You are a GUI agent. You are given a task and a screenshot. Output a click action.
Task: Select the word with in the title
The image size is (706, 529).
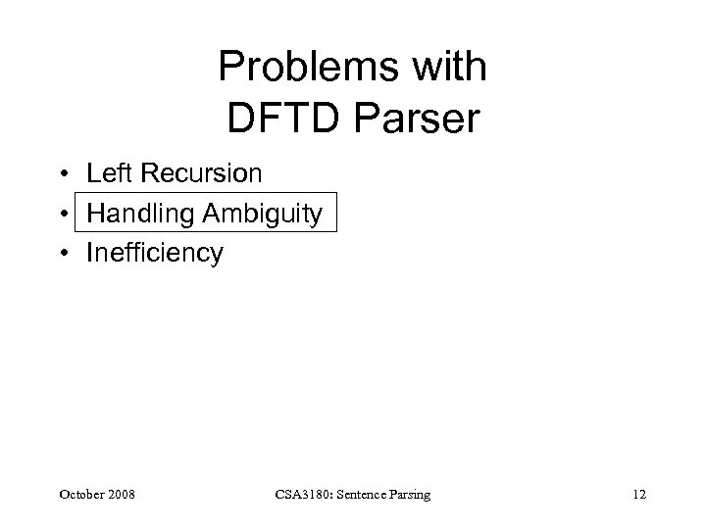447,69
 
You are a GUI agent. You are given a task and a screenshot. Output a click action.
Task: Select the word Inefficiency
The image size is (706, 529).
155,253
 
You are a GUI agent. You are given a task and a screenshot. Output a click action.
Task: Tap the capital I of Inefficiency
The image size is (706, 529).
89,253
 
